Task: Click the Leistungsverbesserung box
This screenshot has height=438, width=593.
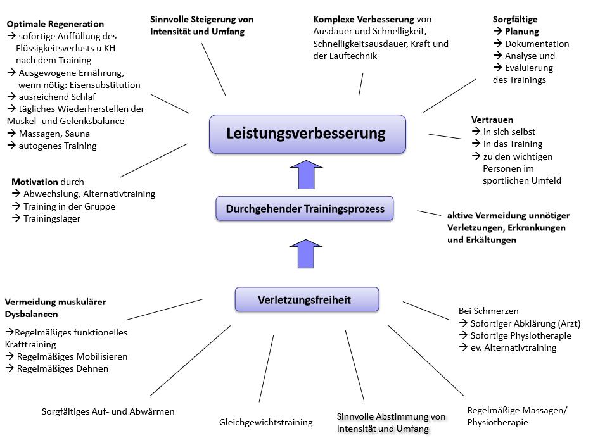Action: [x=307, y=134]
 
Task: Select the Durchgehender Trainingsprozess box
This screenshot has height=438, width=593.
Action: [x=304, y=208]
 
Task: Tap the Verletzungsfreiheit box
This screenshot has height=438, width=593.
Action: [x=307, y=299]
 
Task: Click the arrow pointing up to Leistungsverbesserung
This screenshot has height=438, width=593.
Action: [x=305, y=175]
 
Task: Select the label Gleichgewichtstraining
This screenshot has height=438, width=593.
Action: [x=266, y=422]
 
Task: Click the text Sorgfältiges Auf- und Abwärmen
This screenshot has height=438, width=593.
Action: [x=108, y=411]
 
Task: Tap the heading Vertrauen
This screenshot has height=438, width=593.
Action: [x=492, y=120]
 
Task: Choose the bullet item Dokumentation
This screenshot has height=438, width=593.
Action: [x=537, y=44]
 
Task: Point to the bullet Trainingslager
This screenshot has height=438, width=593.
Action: [x=52, y=218]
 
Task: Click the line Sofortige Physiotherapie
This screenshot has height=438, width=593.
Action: [x=521, y=335]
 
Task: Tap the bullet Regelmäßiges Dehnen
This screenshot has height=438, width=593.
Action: [x=62, y=368]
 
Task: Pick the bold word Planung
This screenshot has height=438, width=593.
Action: [x=522, y=32]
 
